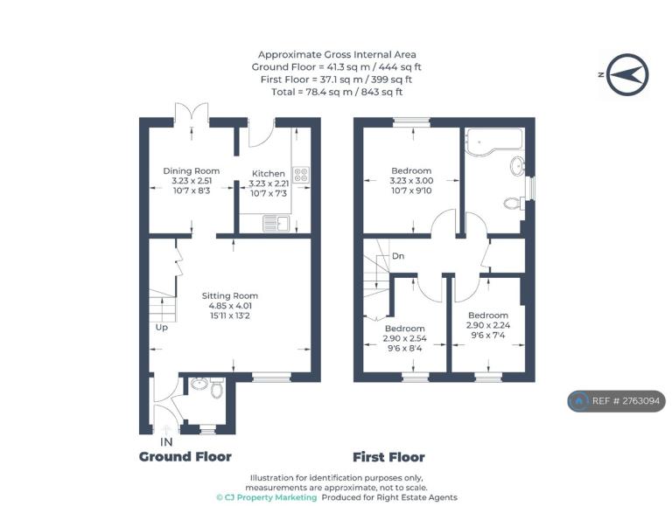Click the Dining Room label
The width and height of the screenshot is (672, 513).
coord(191,171)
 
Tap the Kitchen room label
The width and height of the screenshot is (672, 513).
coord(269,173)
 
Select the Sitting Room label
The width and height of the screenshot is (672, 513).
coord(230,295)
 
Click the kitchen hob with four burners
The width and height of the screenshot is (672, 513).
coord(300,174)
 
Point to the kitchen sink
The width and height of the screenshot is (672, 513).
coord(276,224)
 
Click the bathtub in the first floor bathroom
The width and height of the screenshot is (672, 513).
coord(494,139)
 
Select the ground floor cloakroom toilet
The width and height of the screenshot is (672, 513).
coord(217,388)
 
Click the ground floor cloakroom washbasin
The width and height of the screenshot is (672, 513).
coord(199,384)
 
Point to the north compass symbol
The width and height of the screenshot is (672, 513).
coord(628,74)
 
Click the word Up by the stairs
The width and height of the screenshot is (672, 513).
coord(162,328)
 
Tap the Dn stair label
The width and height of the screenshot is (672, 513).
coord(398,256)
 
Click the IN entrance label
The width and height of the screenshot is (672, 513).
coord(166,442)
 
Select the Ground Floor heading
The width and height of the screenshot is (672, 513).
coord(185,457)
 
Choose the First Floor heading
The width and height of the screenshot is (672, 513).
coord(388,457)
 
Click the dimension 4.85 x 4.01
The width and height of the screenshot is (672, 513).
coord(230,306)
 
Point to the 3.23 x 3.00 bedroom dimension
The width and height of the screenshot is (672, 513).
coord(411,181)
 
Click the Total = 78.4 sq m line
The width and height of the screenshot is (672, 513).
coord(337,92)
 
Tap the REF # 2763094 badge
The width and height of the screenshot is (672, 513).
coord(617,401)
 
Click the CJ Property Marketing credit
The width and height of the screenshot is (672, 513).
coord(267,497)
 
